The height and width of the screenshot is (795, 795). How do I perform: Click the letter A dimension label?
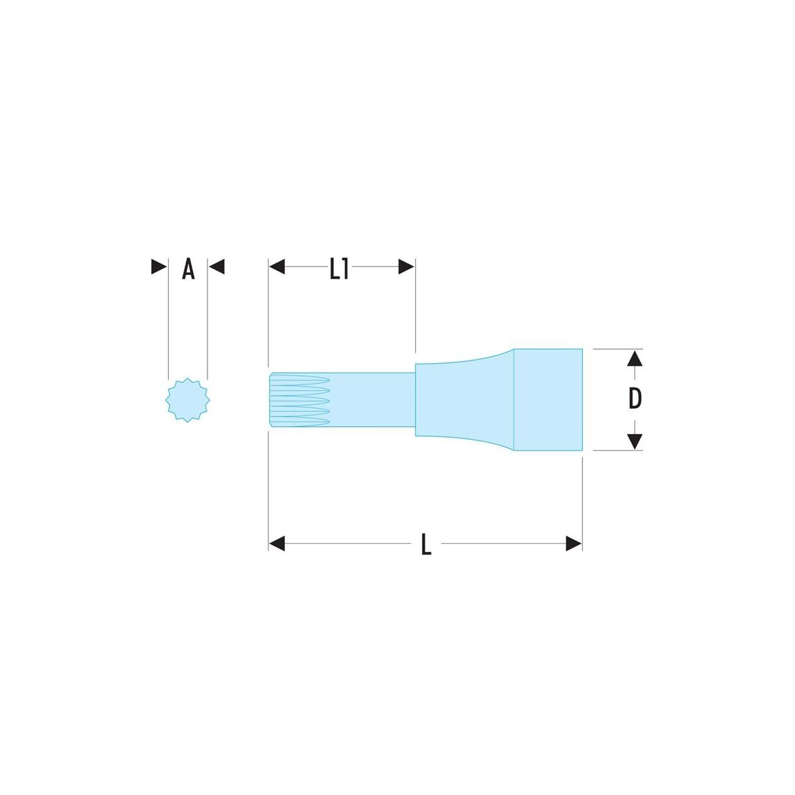(x=188, y=269)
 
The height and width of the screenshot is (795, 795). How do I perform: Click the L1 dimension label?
(x=339, y=269)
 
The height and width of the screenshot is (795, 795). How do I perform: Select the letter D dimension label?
(x=635, y=399)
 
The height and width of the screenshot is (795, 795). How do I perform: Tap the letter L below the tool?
(x=426, y=544)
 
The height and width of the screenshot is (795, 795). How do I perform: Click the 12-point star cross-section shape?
(x=187, y=399)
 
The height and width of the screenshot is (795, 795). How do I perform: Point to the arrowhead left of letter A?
(x=159, y=266)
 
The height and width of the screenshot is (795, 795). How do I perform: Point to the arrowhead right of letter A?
(x=217, y=266)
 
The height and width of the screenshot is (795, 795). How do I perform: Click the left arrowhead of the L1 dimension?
(x=277, y=266)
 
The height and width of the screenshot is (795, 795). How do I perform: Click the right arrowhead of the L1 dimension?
(x=406, y=266)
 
